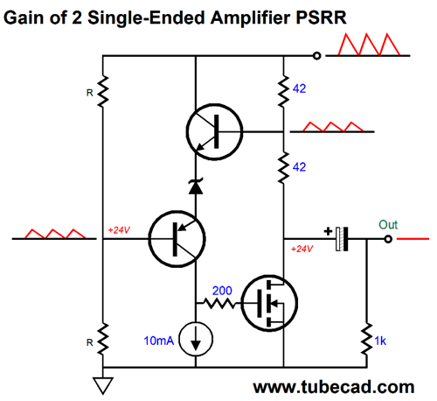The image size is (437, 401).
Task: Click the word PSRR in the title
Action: point(321,18)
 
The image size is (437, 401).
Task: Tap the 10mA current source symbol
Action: point(196,340)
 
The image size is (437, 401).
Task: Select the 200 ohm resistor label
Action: point(222,291)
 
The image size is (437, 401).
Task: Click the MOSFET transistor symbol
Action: point(269,303)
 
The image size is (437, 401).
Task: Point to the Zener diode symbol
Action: point(196,186)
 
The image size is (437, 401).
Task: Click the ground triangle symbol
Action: point(103,385)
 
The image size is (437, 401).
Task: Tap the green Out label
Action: point(388,225)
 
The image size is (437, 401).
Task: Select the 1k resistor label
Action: point(380,341)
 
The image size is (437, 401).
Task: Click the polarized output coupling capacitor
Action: point(342,239)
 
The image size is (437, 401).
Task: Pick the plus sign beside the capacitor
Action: point(328,231)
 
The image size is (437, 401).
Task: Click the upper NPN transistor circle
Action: point(214,132)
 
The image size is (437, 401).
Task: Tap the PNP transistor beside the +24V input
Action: point(177,239)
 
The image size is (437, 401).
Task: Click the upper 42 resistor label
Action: point(299,88)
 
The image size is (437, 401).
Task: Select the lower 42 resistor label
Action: point(299,167)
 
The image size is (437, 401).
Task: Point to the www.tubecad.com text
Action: point(334,387)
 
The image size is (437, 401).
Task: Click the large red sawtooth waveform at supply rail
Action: point(369,45)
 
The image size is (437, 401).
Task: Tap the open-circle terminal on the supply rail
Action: point(317,55)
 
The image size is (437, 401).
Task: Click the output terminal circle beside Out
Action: point(388,239)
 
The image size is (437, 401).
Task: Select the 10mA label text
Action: point(159,341)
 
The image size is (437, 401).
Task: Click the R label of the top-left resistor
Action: point(90,93)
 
